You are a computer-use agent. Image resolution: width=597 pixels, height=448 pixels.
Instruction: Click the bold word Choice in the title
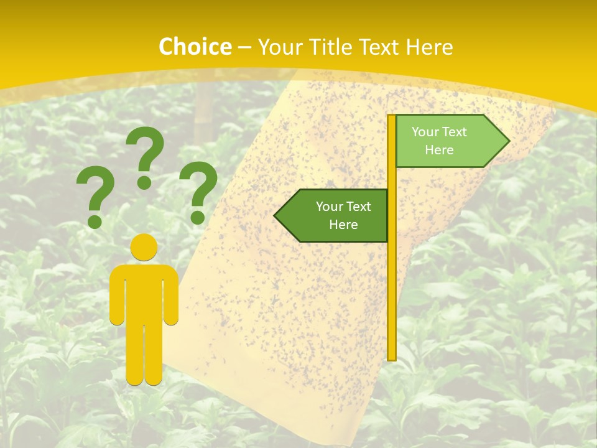pyautogui.click(x=195, y=47)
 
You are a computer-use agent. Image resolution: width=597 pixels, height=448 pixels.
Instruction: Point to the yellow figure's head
pyautogui.click(x=144, y=247)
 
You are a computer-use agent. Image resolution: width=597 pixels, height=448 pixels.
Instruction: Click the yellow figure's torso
pyautogui.click(x=144, y=292)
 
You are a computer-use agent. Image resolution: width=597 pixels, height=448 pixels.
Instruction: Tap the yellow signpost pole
pyautogui.click(x=392, y=280)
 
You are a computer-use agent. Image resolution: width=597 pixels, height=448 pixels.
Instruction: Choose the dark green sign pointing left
pyautogui.click(x=336, y=215)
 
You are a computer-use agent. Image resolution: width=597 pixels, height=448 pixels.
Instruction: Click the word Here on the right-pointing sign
pyautogui.click(x=439, y=150)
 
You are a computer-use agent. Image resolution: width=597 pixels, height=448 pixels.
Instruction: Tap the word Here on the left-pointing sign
pyautogui.click(x=343, y=225)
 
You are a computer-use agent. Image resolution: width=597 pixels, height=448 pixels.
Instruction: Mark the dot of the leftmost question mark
pyautogui.click(x=95, y=222)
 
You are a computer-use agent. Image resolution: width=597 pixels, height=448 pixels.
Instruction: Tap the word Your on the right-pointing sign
pyautogui.click(x=425, y=132)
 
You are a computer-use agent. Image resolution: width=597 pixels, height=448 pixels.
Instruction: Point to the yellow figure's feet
pyautogui.click(x=144, y=378)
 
